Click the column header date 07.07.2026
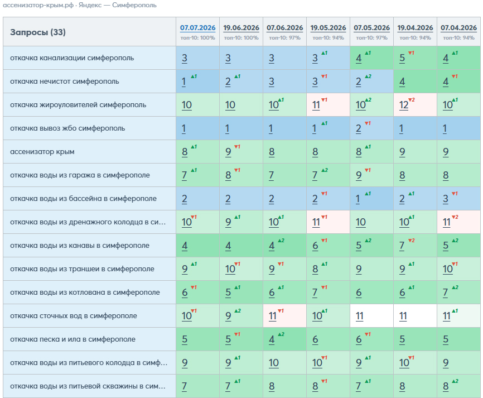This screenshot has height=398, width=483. [198, 28]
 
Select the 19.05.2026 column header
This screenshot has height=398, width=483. [328, 28]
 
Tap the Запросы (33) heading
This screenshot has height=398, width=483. [38, 32]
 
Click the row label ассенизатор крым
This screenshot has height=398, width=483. [42, 152]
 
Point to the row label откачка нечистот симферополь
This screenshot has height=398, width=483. [64, 81]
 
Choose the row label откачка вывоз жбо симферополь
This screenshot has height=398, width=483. [67, 128]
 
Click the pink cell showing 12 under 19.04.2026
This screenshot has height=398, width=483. [415, 105]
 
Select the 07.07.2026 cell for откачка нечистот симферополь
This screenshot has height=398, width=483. [197, 81]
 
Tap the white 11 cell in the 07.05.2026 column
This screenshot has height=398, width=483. [371, 316]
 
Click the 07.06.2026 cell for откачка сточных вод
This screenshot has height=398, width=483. [284, 316]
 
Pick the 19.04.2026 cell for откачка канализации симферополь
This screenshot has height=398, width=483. [415, 58]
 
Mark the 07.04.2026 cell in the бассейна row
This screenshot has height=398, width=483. [458, 199]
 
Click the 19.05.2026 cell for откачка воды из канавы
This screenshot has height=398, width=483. [328, 246]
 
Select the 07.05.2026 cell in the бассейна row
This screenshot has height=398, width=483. [371, 199]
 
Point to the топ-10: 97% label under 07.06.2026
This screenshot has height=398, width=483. [284, 38]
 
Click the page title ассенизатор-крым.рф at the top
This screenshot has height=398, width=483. [38, 5]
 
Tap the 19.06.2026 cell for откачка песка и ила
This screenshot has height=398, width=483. [241, 339]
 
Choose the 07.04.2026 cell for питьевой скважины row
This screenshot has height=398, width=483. [458, 386]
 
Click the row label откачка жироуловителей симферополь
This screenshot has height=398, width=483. [78, 105]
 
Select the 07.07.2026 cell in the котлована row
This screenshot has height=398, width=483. [197, 292]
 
